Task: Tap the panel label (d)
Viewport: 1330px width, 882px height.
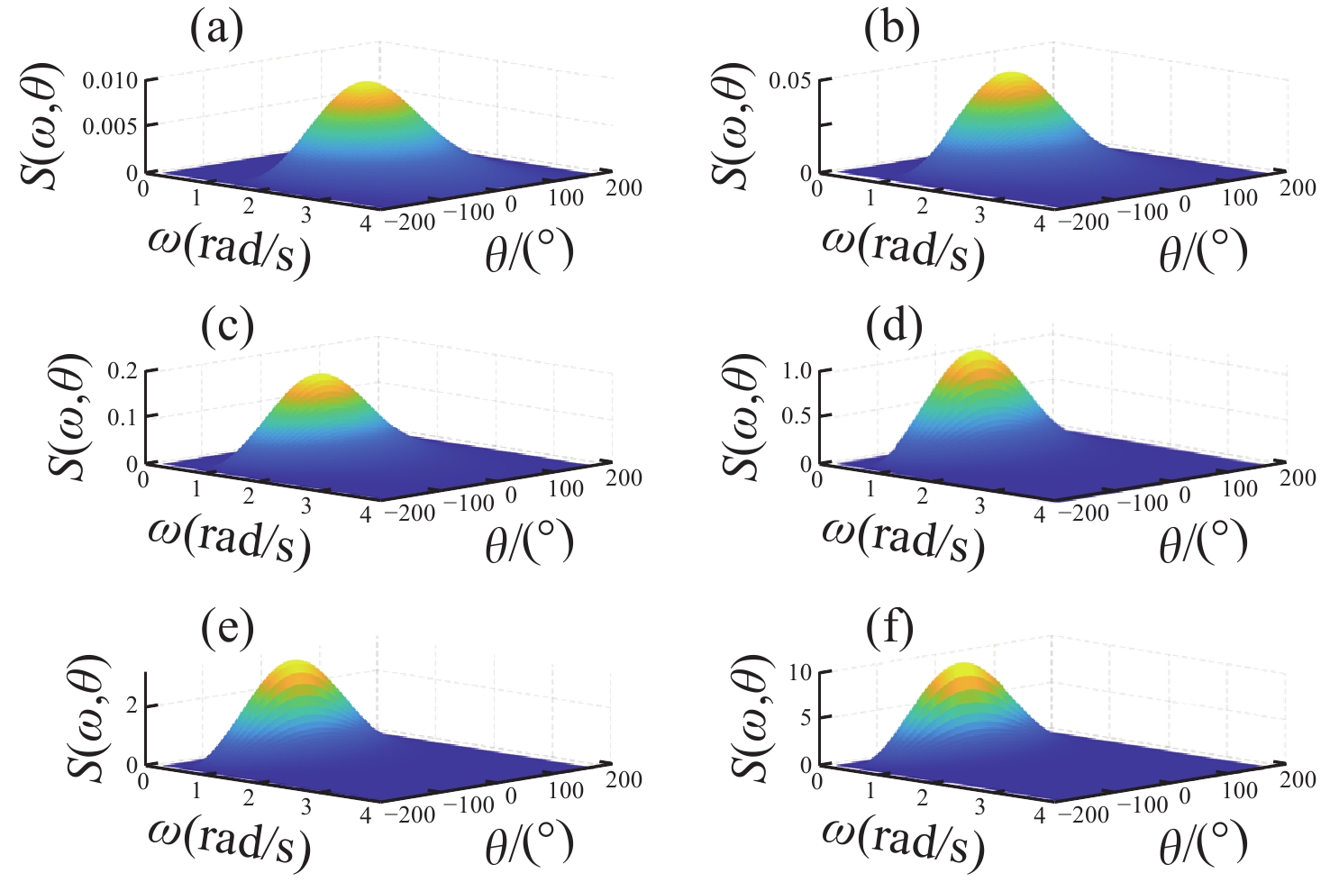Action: click(893, 328)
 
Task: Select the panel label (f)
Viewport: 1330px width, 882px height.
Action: click(889, 627)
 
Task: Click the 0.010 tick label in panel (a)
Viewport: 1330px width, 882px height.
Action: click(110, 81)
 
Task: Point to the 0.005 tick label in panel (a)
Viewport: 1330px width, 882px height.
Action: click(110, 125)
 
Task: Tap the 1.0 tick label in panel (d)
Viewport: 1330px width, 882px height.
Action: click(796, 371)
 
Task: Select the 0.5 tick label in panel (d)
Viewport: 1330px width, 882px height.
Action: click(796, 415)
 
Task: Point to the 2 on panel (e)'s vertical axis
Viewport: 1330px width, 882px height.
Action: click(132, 705)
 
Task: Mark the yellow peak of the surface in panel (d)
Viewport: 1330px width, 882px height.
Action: click(976, 359)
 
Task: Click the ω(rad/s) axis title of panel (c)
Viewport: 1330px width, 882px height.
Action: click(229, 538)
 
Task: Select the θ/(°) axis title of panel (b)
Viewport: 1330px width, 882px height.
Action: click(1203, 250)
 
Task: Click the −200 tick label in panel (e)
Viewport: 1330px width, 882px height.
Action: click(410, 814)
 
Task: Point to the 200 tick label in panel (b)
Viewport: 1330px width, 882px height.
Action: click(1298, 187)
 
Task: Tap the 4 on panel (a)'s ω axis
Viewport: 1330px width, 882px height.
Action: click(365, 223)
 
